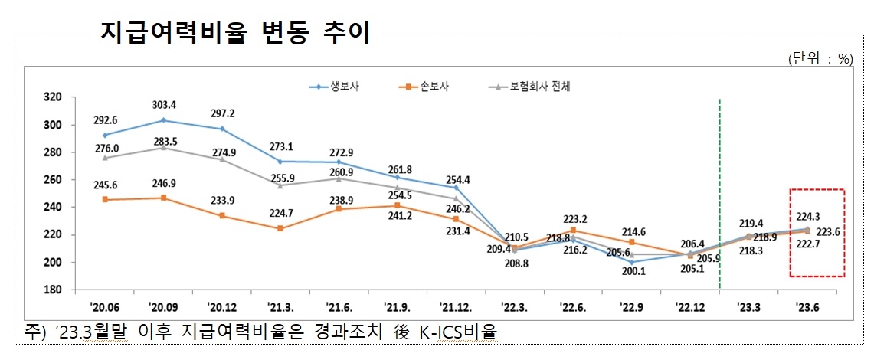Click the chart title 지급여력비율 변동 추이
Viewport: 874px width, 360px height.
tap(235, 33)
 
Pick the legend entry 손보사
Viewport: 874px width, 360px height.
tap(433, 87)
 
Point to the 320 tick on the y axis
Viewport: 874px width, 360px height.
tap(53, 97)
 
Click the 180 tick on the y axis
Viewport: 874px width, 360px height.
tap(53, 290)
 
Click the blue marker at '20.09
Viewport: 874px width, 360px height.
tap(163, 120)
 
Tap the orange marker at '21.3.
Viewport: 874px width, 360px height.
tap(281, 228)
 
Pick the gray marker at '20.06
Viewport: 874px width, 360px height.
tap(104, 158)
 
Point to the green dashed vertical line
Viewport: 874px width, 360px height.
tap(719, 191)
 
